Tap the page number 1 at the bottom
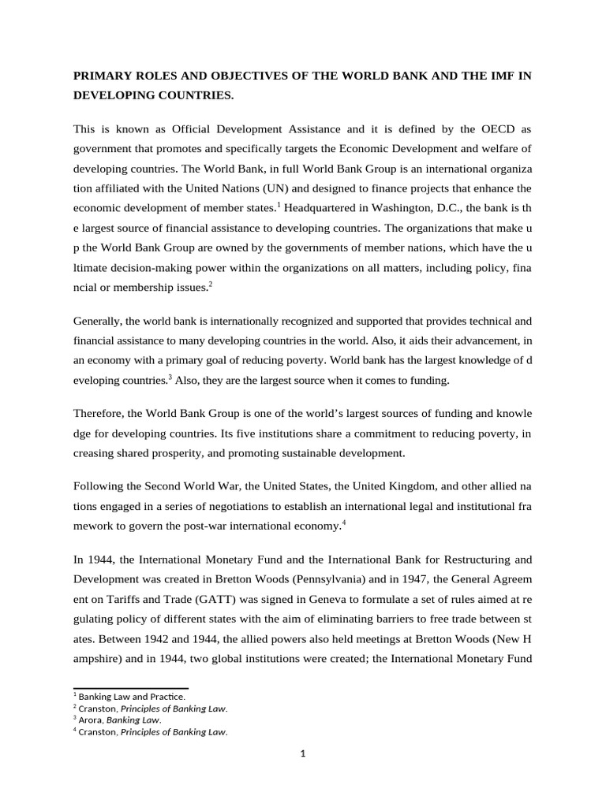coord(303,753)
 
